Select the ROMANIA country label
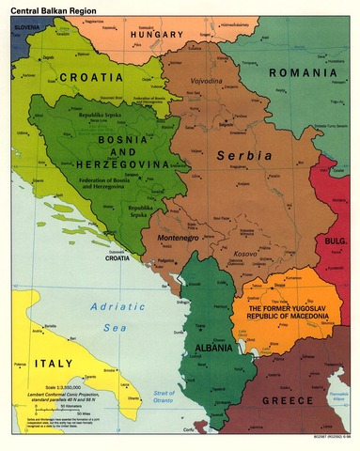point(303,72)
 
